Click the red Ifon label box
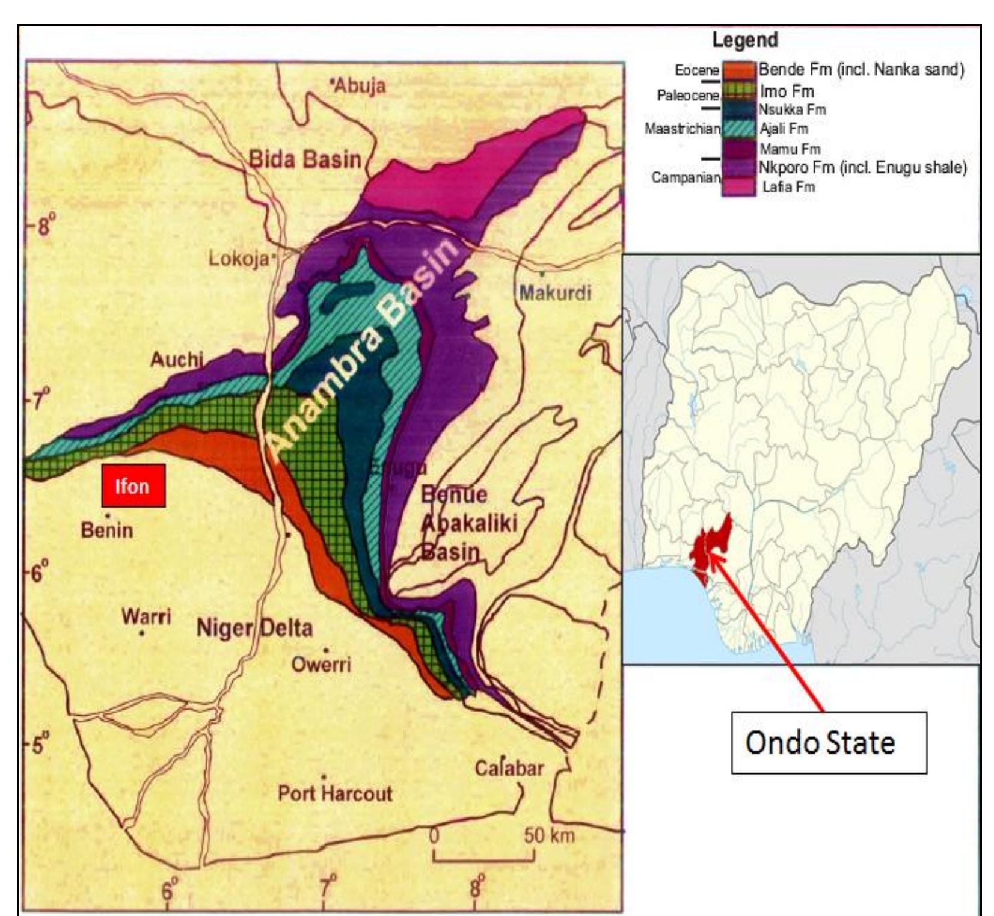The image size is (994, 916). click(x=133, y=485)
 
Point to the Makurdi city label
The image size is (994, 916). click(x=555, y=293)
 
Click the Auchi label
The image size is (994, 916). click(x=177, y=360)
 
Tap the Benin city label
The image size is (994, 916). click(x=107, y=530)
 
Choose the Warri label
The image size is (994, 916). click(x=146, y=616)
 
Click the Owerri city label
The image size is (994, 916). click(x=321, y=664)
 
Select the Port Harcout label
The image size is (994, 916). click(x=334, y=793)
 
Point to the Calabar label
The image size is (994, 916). click(x=509, y=768)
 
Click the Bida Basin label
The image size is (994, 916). click(x=305, y=159)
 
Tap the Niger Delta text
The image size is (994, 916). click(x=254, y=629)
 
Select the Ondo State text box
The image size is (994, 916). click(x=828, y=743)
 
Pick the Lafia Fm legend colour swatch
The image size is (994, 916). click(x=738, y=187)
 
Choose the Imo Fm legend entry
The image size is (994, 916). click(x=787, y=91)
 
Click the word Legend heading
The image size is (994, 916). click(x=745, y=40)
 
